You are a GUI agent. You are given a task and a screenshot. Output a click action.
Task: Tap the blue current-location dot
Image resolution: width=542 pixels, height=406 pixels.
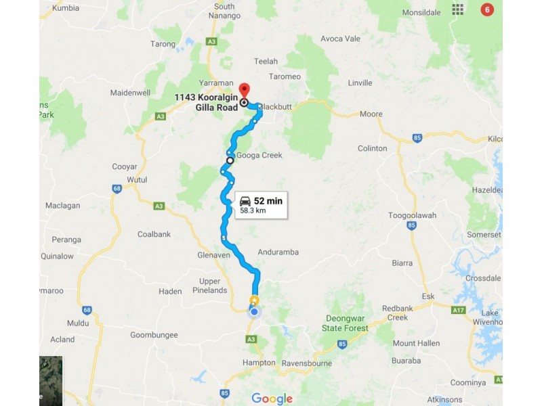tap(254, 311)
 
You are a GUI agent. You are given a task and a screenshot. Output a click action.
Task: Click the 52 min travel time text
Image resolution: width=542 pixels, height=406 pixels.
tap(268, 201)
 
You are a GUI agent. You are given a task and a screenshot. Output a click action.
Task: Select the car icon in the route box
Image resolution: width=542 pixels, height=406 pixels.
tap(245, 201)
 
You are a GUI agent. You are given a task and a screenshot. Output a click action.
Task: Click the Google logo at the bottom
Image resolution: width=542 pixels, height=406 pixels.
tap(272, 399)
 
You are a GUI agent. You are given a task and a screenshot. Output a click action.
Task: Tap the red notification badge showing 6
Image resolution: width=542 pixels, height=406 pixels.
tap(486, 9)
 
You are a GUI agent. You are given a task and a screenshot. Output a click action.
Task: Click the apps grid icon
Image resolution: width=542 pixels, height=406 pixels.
tap(459, 9)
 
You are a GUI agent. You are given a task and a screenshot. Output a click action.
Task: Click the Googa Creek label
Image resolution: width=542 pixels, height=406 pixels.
tap(259, 155)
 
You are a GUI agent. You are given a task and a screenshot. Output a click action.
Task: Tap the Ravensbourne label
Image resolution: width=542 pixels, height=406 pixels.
tap(308, 362)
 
